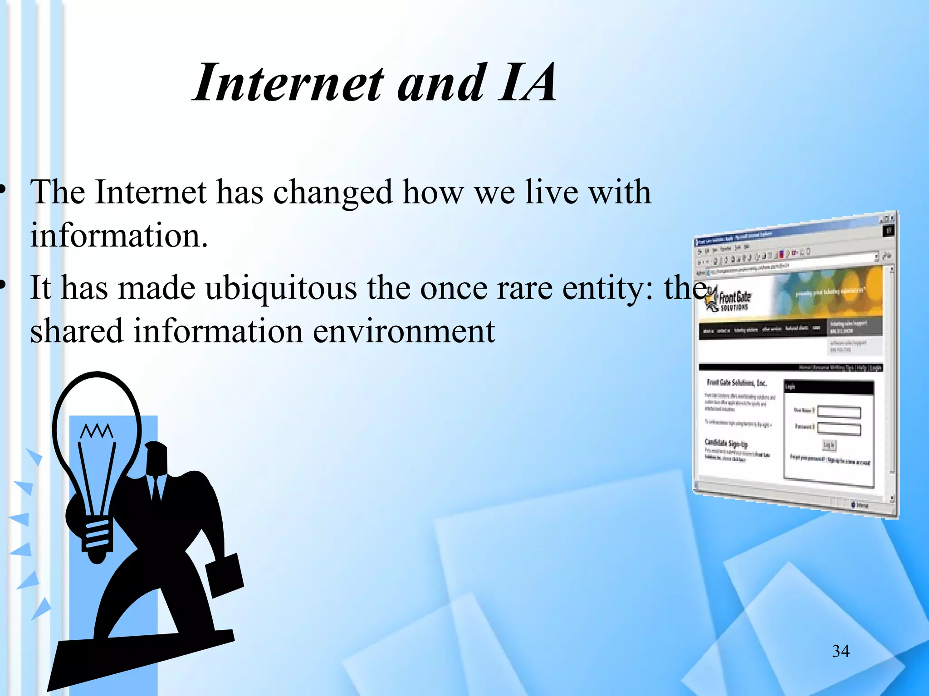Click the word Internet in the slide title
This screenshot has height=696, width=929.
[288, 83]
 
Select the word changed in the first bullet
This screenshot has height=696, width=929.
[332, 193]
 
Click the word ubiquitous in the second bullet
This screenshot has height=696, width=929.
[281, 288]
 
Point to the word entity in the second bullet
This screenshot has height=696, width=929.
[607, 288]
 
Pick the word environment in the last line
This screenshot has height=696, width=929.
[404, 331]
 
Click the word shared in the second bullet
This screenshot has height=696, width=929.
[76, 331]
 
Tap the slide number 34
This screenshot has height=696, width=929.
[841, 651]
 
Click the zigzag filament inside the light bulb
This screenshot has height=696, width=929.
[96, 431]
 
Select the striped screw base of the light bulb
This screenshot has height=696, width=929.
[96, 535]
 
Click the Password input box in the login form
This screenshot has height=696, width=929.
[839, 429]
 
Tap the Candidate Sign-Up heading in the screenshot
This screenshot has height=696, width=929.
[726, 443]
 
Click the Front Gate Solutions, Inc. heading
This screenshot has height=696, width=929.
[736, 383]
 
